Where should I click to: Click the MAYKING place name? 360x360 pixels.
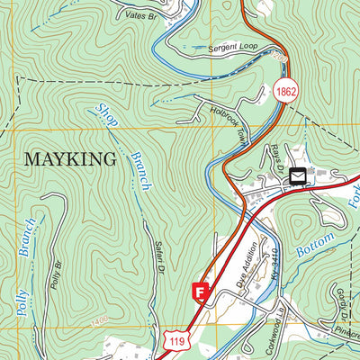(70, 160)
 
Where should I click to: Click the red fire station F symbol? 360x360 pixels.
(201, 292)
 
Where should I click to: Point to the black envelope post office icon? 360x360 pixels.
(297, 177)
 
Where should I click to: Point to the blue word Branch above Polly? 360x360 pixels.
(30, 238)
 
